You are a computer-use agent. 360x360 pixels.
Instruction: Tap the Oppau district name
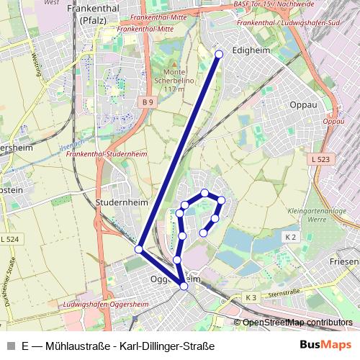[x=303, y=104]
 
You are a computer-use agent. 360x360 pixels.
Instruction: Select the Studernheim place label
[x=117, y=203]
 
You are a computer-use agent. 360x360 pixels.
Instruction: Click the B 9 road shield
[x=148, y=103]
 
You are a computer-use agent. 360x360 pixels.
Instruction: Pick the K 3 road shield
[x=251, y=297]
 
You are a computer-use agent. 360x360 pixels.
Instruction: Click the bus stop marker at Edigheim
[x=220, y=53]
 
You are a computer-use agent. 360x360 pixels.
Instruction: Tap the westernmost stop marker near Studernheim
[x=139, y=249]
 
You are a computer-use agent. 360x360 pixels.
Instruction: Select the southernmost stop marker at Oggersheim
[x=184, y=287]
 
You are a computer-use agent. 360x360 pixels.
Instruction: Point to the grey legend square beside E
[x=10, y=346]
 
